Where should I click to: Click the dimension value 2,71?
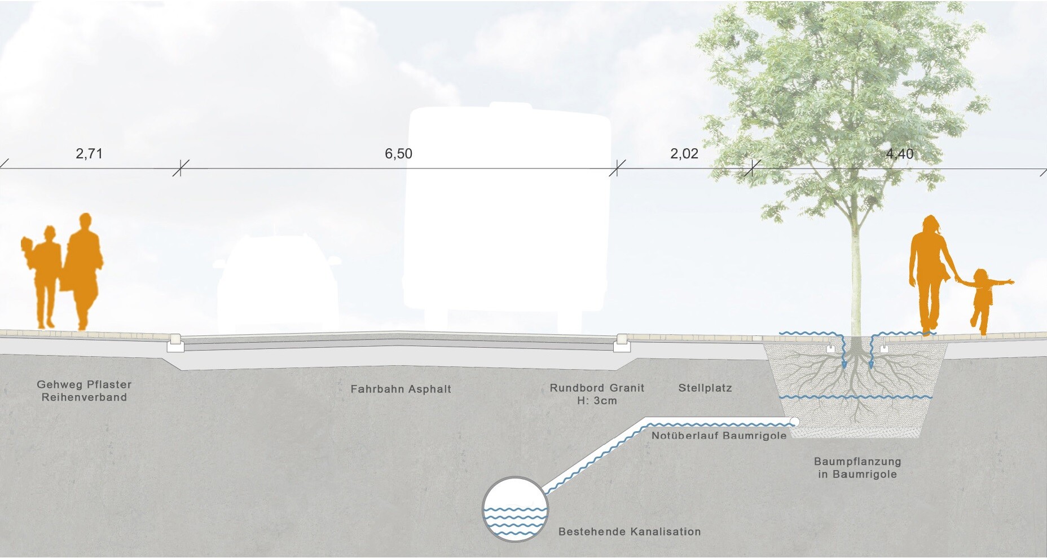[89, 153]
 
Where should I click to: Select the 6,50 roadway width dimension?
[398, 154]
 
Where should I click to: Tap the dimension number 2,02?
[684, 154]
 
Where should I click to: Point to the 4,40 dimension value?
[900, 154]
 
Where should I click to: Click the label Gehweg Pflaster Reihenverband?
[84, 391]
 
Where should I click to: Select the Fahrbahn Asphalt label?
[401, 389]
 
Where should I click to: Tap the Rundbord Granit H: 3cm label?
[597, 394]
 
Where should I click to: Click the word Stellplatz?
[705, 388]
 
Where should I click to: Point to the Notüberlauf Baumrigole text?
[719, 435]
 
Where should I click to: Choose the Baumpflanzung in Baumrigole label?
[857, 468]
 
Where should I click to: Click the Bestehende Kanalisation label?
[630, 532]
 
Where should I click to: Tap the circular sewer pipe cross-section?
[515, 510]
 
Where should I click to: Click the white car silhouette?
[278, 285]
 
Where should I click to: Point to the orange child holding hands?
[984, 302]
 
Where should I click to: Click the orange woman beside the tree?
[930, 275]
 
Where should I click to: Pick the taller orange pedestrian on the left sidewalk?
[83, 271]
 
